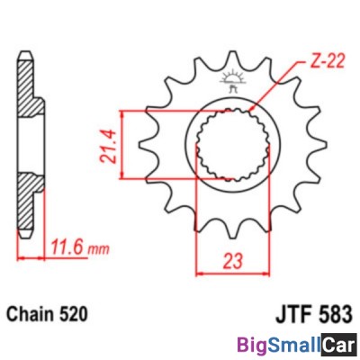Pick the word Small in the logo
coord(292,344)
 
